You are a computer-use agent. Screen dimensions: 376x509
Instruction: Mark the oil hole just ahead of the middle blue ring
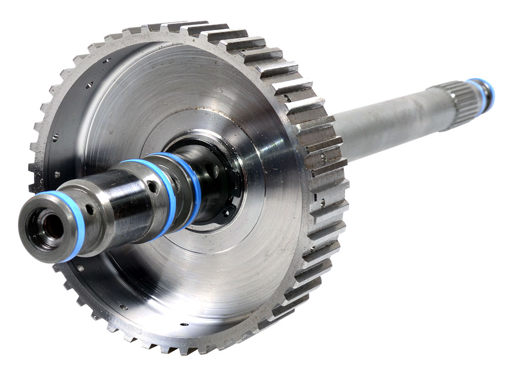click(152, 187)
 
